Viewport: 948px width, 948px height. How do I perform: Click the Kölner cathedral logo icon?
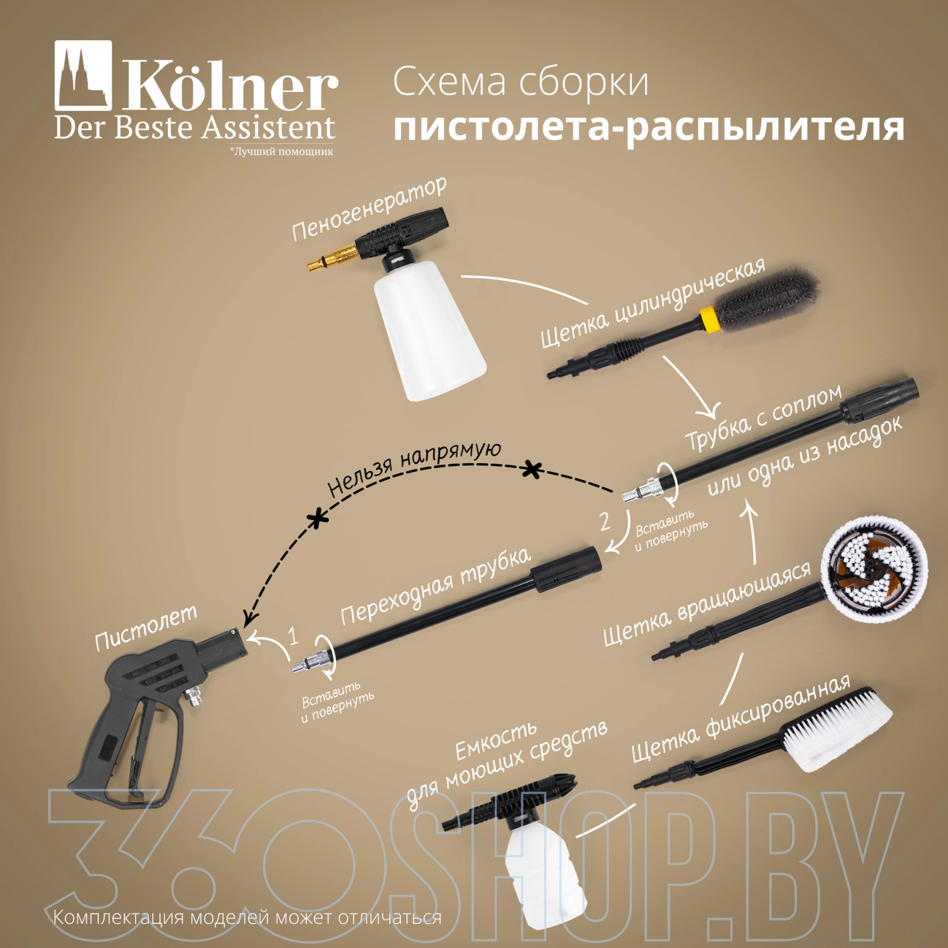coord(83,75)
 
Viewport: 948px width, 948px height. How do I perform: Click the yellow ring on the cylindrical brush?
coord(709,318)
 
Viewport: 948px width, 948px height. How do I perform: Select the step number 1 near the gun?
coord(294,636)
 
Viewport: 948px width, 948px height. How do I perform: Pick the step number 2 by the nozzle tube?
coord(604,521)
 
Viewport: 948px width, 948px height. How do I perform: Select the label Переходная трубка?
coord(436,586)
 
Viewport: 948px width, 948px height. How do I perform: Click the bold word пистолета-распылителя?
coord(649,127)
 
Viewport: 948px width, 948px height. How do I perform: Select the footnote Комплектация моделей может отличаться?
coord(248,917)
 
